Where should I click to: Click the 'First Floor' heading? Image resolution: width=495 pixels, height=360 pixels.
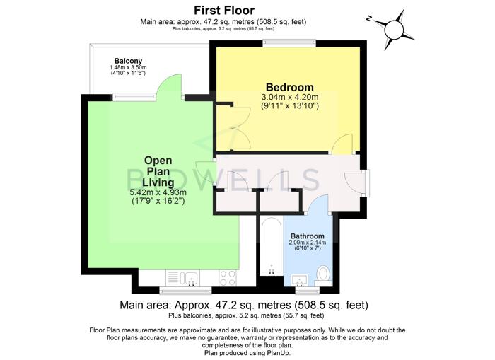point(224,11)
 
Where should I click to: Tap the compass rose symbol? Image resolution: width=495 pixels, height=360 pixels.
point(393,30)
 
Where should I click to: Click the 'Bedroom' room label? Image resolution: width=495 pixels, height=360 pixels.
point(290,87)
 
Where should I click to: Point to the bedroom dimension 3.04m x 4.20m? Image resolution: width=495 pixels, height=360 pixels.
point(290,97)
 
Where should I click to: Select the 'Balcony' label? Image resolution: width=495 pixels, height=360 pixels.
point(128,61)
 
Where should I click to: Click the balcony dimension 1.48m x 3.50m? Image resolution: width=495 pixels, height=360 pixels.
point(128,68)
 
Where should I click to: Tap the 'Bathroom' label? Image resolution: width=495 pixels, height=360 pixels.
point(307,236)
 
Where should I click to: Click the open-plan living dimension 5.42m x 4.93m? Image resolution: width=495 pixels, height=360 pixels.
point(158,192)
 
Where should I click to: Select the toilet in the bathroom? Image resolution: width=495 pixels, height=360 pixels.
point(323,275)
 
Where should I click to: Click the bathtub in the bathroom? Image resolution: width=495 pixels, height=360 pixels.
point(272,246)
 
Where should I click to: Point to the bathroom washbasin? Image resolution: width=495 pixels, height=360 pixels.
point(299,280)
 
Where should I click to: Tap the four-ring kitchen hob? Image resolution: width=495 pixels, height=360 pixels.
point(228,278)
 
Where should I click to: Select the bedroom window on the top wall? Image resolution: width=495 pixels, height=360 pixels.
point(289,43)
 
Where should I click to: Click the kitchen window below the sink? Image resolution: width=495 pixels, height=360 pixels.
point(185,290)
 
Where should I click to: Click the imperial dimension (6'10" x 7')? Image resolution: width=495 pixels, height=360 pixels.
point(308,248)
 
